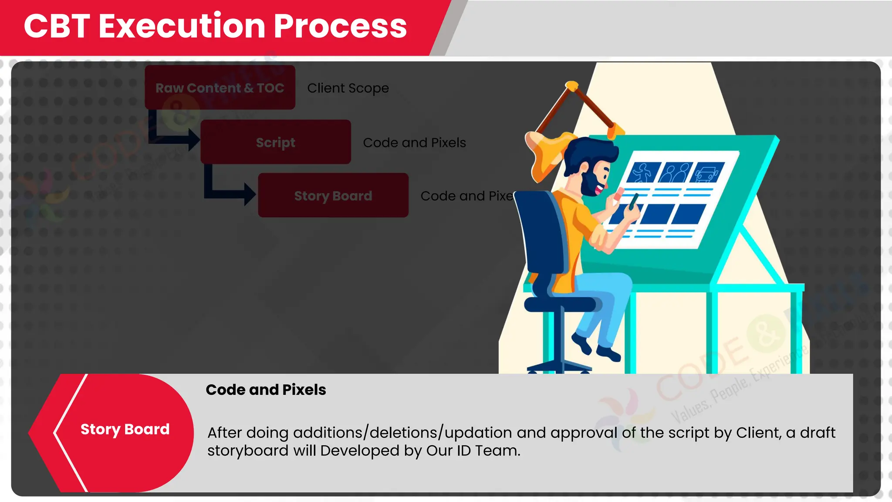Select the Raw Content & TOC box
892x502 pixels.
pos(220,88)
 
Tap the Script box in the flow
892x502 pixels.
pos(275,142)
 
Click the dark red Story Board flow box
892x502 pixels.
pos(333,196)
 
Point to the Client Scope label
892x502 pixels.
pos(348,88)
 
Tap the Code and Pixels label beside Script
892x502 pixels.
pos(414,142)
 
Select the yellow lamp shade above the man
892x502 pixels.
pos(547,153)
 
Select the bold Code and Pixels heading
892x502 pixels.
pos(266,390)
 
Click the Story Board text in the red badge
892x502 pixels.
pos(125,429)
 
